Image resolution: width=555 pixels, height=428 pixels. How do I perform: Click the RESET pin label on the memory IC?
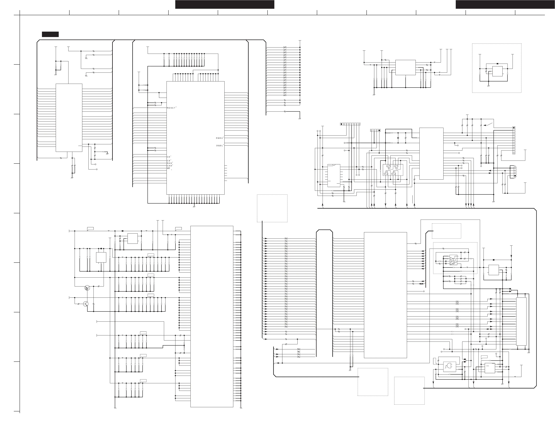point(171,108)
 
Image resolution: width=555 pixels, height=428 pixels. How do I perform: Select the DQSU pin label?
point(219,138)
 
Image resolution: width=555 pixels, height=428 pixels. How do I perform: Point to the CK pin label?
point(169,157)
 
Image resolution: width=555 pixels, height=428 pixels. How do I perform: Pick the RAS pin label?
point(170,163)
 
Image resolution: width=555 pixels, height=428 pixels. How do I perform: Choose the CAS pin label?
point(170,166)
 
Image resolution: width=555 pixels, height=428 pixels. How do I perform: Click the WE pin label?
point(169,168)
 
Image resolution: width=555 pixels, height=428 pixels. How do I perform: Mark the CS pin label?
point(169,161)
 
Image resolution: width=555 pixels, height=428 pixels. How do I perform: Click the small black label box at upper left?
point(50,34)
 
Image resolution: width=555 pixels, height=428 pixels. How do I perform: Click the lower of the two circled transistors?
point(86,304)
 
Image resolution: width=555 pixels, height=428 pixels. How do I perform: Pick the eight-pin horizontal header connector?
point(350,124)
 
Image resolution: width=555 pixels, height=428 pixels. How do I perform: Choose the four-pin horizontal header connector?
point(375,130)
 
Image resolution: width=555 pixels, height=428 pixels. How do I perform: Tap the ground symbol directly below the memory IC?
point(194,206)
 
